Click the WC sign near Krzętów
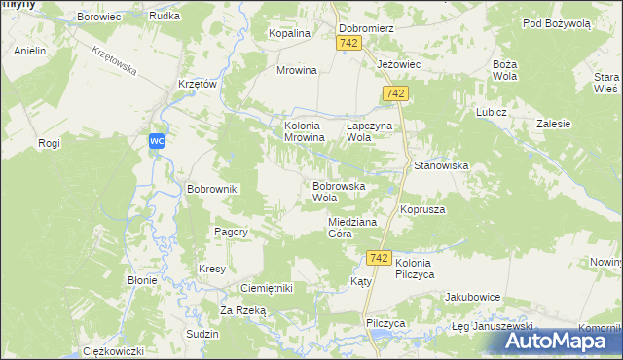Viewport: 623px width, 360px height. (x=157, y=142)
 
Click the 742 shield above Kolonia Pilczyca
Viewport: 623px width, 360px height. (x=380, y=258)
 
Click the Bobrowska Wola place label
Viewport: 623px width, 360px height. (x=338, y=191)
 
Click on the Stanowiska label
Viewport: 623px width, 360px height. (x=441, y=166)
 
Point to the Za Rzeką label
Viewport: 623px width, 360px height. (x=242, y=310)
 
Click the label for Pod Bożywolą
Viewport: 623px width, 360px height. (x=556, y=22)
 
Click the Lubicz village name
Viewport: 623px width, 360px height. (x=492, y=112)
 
